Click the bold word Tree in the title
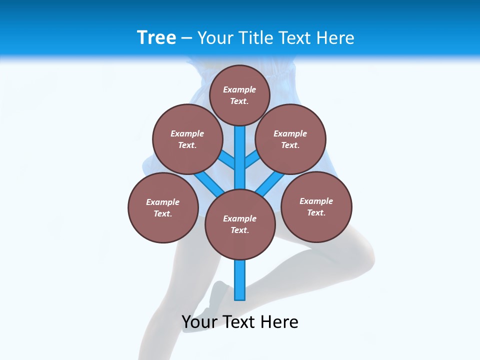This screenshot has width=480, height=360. click(x=156, y=38)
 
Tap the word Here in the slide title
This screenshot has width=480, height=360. click(x=335, y=38)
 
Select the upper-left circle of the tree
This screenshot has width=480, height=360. click(x=187, y=139)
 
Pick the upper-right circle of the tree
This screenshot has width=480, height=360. click(x=290, y=139)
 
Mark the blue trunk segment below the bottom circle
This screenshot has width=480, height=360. click(x=240, y=280)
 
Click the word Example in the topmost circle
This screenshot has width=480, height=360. click(x=239, y=89)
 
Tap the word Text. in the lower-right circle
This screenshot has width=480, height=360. click(x=316, y=212)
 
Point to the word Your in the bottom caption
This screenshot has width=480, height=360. click(x=199, y=321)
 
